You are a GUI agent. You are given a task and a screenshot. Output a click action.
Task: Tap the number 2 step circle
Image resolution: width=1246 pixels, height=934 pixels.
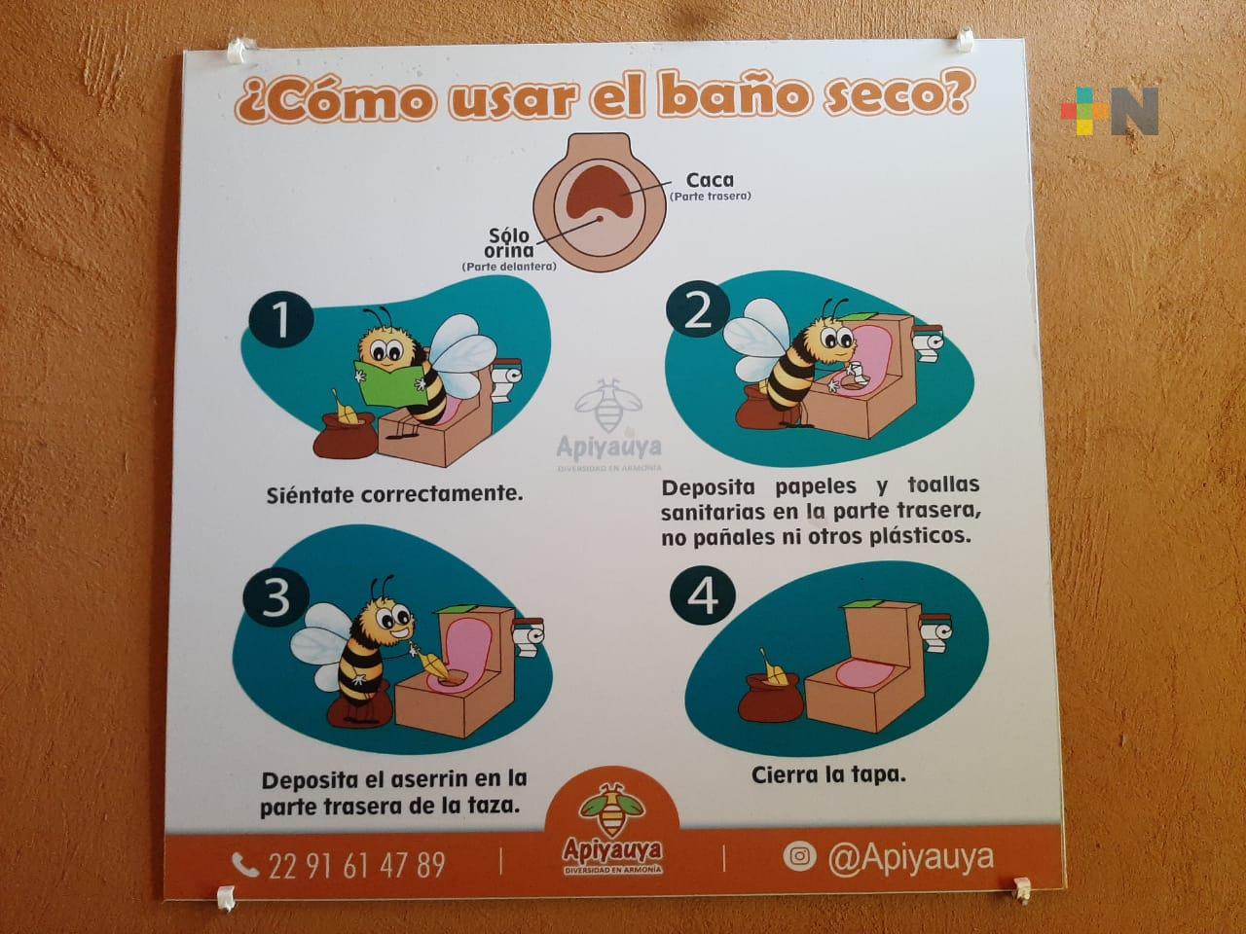coord(698,313)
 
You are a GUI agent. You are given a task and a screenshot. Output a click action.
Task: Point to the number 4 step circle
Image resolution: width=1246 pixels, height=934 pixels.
coord(703,597)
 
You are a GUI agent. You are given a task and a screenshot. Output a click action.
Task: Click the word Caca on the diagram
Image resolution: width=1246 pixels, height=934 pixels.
coord(710,180)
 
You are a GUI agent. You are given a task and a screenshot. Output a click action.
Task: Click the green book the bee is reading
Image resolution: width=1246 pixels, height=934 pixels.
coord(391,381)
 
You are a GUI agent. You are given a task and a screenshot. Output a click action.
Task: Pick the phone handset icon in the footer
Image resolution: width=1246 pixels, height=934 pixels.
coord(244,865)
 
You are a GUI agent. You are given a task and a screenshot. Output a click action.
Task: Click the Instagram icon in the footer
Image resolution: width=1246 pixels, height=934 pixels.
coord(799,856)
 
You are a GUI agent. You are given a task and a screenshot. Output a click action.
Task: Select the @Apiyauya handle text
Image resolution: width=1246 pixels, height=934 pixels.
coord(910,858)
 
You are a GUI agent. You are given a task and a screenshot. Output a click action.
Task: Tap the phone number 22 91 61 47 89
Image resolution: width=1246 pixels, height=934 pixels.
coord(356,865)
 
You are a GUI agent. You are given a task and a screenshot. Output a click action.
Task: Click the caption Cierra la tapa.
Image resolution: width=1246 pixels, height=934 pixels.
coord(828,775)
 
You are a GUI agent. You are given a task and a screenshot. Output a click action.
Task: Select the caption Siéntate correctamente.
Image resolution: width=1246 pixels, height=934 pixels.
coord(395,494)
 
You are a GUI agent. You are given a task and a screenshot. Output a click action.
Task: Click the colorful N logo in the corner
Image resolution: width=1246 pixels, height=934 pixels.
coord(1109,112)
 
